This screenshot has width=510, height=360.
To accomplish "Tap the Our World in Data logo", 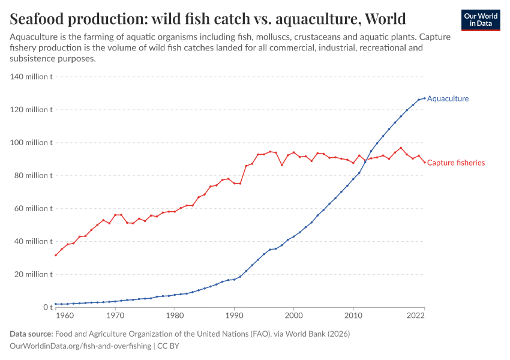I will point(480,20).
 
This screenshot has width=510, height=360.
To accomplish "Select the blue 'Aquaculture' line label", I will point(448,98).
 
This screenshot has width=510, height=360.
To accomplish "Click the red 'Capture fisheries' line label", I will point(455,163).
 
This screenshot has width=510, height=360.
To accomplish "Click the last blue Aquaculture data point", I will point(425,98).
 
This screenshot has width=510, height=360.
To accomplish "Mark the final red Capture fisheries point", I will point(425,163).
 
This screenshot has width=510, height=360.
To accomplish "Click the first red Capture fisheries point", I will point(56,255).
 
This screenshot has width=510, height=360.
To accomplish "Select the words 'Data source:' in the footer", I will point(31,334).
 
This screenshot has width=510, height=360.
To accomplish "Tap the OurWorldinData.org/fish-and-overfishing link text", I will point(80,346).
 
